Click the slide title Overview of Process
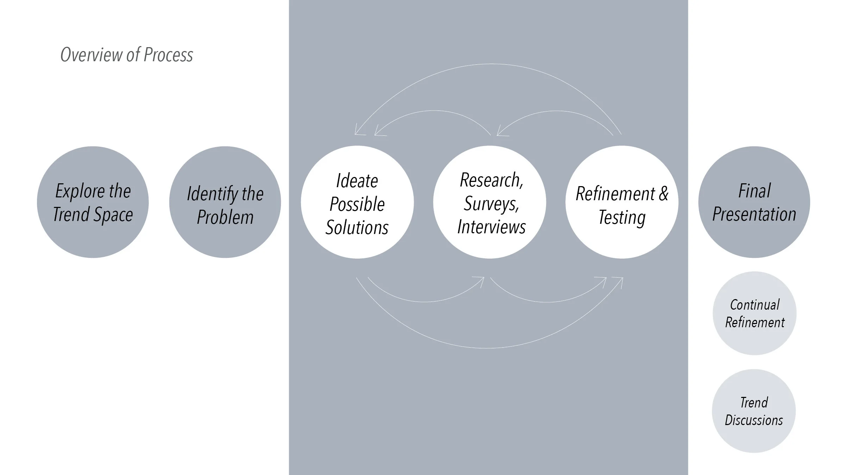(127, 55)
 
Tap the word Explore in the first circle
(80, 191)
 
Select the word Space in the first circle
(113, 215)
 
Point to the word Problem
(225, 217)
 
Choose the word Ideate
(357, 181)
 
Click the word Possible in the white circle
(357, 204)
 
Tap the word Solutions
(357, 227)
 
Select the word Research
(491, 180)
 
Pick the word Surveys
(491, 204)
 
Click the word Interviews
(492, 227)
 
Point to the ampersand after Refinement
(663, 194)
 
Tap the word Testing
(622, 217)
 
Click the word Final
(754, 191)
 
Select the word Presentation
(754, 214)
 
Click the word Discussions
(754, 420)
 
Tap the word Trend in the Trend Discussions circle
(754, 403)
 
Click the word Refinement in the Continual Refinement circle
(755, 322)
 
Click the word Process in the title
(168, 55)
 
